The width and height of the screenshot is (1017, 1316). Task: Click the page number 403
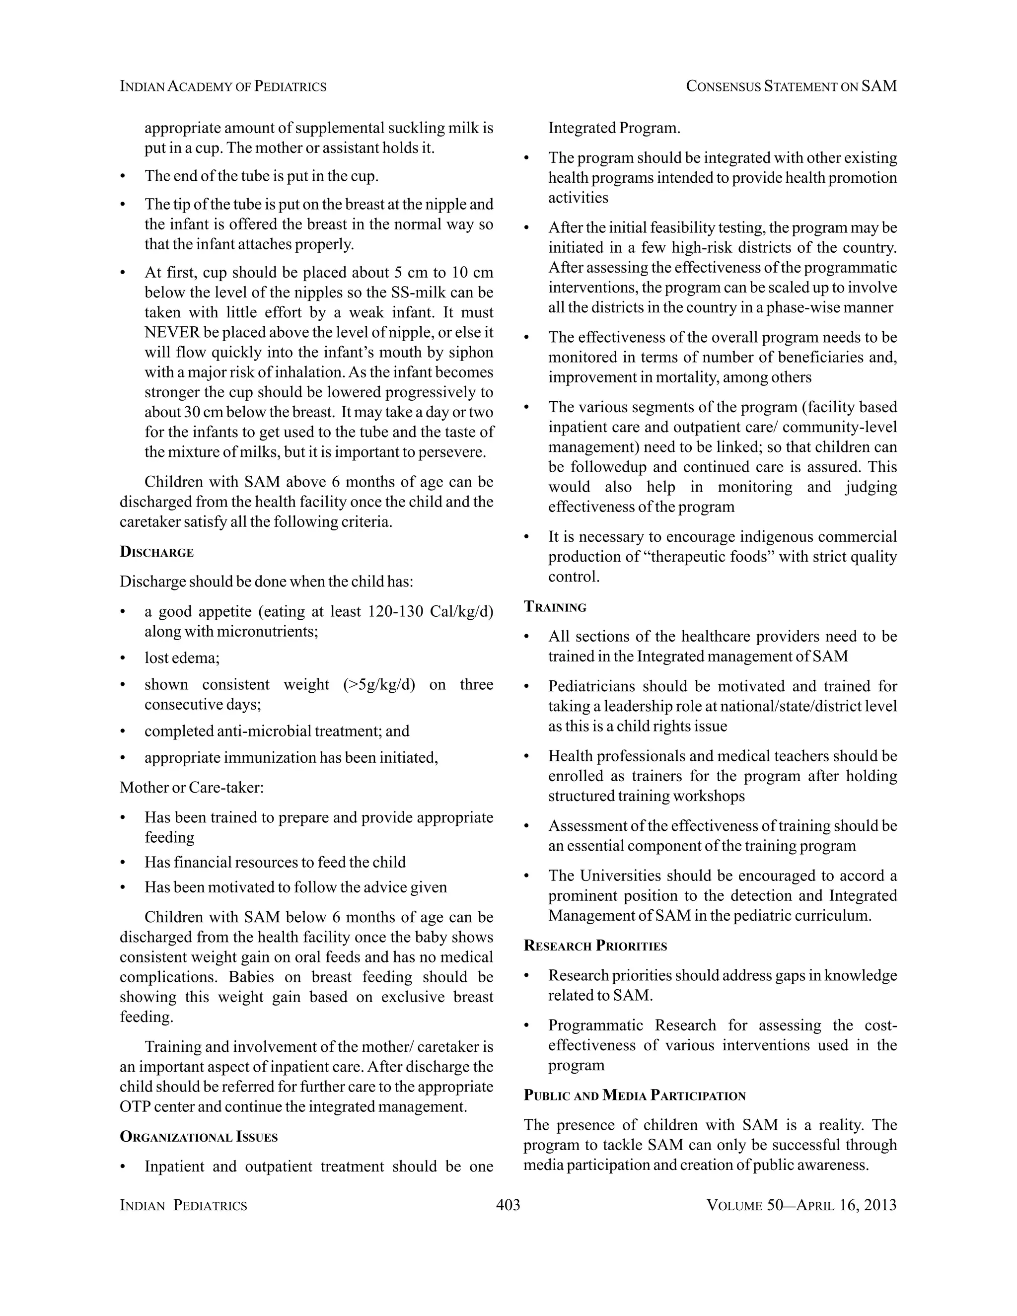tap(508, 1205)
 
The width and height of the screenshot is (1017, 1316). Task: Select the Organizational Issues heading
tap(199, 1137)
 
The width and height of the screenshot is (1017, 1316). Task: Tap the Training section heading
tap(555, 607)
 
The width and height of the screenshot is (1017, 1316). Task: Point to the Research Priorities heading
tap(595, 946)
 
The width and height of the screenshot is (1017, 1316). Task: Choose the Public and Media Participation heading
tap(635, 1096)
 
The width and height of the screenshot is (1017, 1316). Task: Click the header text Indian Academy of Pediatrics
tap(223, 87)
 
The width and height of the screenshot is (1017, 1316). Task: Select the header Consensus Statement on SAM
tap(791, 87)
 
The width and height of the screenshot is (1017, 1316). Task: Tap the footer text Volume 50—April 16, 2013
tap(801, 1205)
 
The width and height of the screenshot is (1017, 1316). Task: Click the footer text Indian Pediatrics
tap(184, 1205)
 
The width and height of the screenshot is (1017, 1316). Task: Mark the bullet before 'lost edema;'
tap(123, 658)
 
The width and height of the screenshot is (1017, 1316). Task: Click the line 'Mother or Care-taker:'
tap(192, 788)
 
